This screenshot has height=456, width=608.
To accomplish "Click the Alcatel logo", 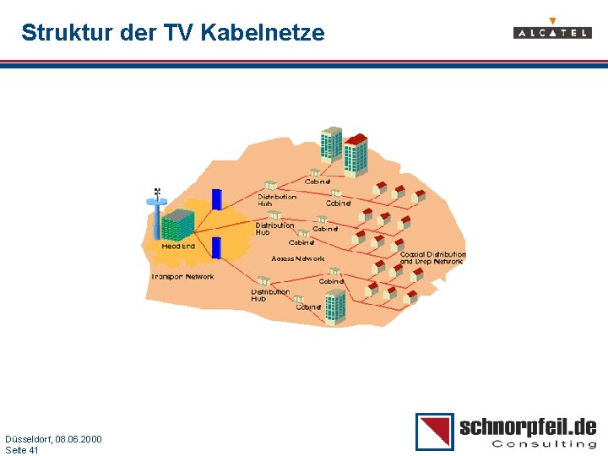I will [552, 32].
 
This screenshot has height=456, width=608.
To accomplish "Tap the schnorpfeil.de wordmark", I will [528, 426].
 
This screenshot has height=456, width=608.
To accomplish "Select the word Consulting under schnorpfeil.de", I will [544, 444].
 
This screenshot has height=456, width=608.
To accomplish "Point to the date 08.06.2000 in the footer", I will [78, 439].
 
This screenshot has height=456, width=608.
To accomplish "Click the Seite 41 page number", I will [22, 450].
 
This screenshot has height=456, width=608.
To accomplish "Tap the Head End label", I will [178, 247].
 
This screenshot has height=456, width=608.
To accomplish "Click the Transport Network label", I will [183, 277].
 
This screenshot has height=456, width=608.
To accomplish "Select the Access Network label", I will [297, 258].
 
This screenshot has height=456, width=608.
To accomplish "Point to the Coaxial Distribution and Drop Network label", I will [432, 258].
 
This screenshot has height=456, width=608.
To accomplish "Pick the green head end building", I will [177, 224].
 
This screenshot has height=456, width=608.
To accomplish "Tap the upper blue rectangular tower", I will [216, 199].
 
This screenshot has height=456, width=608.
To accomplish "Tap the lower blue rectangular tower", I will [216, 247].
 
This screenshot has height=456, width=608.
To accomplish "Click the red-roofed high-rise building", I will [356, 155].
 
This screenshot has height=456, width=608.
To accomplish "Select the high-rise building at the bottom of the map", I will [335, 307].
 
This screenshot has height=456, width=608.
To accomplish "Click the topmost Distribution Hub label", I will [277, 200].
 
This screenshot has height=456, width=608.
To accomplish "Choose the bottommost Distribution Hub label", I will [270, 296].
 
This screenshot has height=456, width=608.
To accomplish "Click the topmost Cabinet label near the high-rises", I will [318, 182].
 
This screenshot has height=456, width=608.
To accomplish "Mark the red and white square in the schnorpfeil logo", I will [434, 432].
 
